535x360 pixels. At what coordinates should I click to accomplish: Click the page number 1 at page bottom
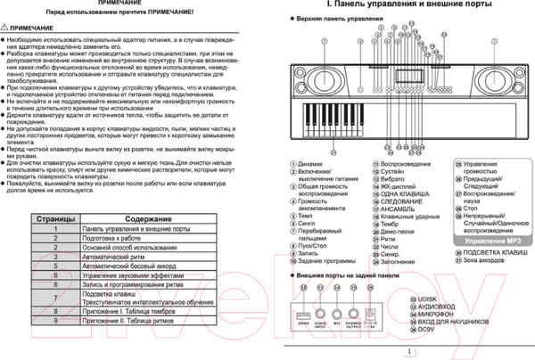click(407, 352)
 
